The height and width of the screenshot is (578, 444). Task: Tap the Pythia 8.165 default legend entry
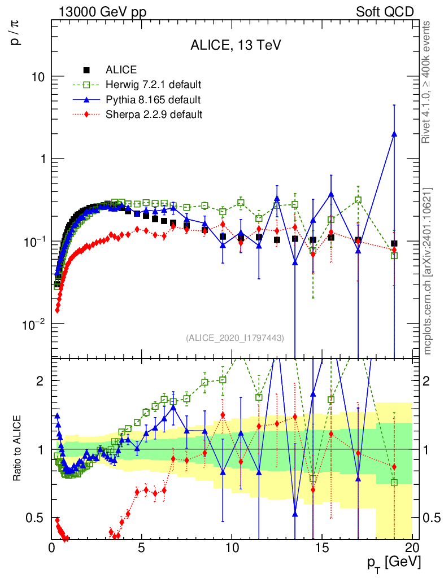point(153,100)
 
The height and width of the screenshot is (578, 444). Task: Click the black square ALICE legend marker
point(86,71)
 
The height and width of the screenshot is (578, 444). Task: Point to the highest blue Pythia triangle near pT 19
point(394,134)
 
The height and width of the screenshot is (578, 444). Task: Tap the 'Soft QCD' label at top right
point(385,12)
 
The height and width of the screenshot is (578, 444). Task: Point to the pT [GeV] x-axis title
point(394,562)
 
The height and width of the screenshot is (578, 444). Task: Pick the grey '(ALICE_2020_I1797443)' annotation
point(234,338)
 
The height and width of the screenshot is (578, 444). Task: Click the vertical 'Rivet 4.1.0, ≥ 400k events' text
point(427,82)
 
